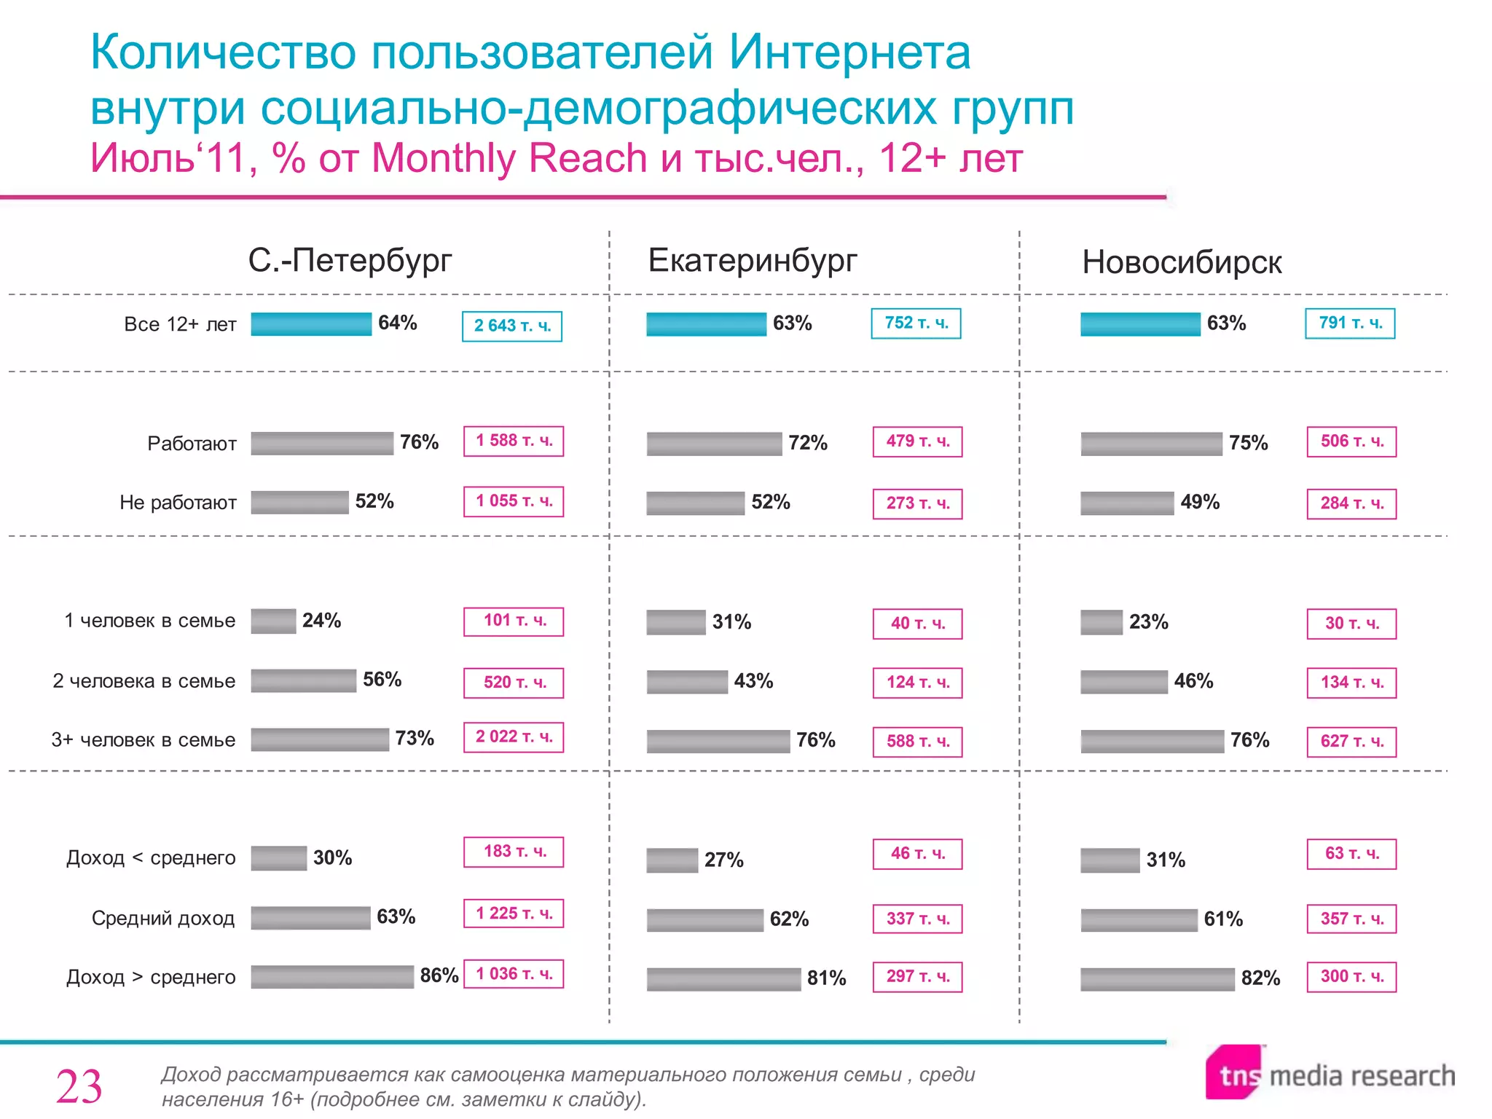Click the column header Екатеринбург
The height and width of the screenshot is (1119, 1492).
pos(752,260)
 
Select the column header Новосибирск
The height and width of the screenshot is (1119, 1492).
pos(1181,262)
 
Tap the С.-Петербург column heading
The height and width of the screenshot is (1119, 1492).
pos(350,260)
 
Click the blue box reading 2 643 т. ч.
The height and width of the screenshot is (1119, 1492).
pos(512,326)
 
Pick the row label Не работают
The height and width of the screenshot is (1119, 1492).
pos(178,503)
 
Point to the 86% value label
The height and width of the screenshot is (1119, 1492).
pos(439,975)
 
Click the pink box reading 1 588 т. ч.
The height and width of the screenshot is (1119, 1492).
pos(514,441)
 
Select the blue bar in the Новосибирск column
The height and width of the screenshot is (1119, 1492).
pos(1139,323)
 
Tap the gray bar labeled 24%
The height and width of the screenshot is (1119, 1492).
pos(273,621)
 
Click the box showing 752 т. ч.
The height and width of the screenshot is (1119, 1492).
pos(916,323)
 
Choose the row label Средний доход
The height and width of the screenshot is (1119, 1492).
pos(163,918)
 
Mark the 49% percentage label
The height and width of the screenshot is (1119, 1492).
pos(1199,502)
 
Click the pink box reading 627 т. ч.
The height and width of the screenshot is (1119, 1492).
pos(1351,742)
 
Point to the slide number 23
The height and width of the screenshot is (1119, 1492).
pos(79,1087)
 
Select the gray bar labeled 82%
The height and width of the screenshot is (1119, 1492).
pos(1157,978)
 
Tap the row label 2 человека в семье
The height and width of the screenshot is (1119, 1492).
pos(144,681)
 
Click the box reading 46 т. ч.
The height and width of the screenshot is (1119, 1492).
pos(917,854)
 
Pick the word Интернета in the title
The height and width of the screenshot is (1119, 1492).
pos(849,52)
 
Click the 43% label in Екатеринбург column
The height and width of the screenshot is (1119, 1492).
pos(753,681)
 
